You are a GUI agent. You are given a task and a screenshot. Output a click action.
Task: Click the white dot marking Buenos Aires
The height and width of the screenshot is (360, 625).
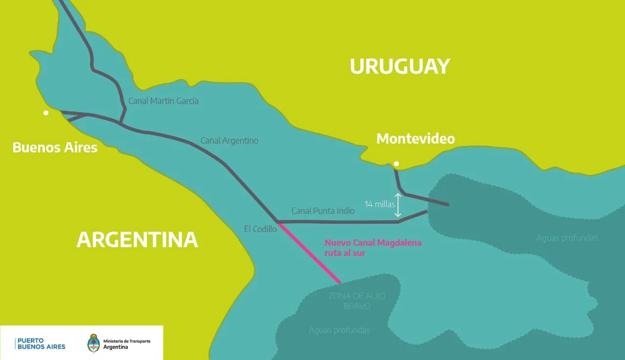(46, 113)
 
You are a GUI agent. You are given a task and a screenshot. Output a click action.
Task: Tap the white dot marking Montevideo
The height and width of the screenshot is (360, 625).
(396, 164)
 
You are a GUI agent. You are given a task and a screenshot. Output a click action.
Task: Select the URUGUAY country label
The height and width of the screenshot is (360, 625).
(399, 66)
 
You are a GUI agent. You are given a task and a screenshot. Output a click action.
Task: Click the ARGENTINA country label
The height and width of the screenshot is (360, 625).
(137, 239)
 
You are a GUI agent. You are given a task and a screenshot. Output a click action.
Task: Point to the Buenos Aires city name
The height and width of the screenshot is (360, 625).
(55, 148)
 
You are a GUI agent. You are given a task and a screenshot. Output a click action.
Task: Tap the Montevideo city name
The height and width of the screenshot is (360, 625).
(416, 139)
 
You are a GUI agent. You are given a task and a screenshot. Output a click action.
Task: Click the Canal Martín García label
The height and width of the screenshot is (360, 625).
(163, 101)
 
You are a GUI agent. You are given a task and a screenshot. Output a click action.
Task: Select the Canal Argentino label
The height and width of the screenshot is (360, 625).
(229, 141)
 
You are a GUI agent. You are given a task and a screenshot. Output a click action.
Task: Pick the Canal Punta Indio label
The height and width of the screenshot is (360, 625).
(323, 211)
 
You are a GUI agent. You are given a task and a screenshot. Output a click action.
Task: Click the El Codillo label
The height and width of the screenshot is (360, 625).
(260, 229)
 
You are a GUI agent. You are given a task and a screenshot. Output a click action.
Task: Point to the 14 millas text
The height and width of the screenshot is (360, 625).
(380, 204)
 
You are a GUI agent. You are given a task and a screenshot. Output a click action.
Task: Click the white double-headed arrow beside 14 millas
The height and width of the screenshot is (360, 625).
(398, 205)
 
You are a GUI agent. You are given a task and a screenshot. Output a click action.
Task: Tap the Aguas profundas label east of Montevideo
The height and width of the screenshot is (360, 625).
(567, 238)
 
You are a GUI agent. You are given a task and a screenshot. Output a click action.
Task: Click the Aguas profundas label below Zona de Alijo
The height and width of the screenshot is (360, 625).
(339, 330)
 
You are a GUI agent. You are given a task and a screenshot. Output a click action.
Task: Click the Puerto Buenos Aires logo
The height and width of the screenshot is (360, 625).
(41, 343)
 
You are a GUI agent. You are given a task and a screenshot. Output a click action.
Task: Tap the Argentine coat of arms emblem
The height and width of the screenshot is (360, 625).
(94, 343)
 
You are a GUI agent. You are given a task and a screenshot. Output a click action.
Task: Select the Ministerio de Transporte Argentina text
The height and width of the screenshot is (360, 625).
(126, 343)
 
